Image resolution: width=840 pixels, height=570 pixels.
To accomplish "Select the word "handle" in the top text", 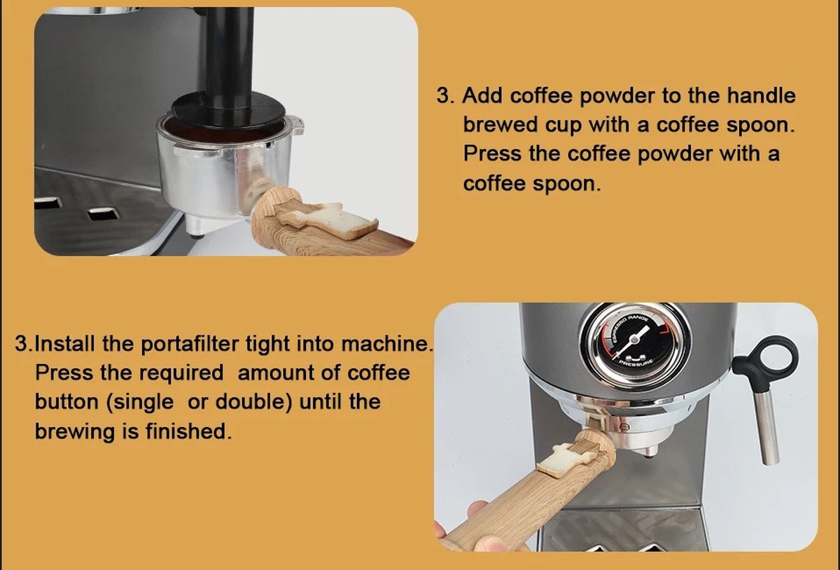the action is [x=762, y=95].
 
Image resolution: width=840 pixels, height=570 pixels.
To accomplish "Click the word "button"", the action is [x=66, y=401].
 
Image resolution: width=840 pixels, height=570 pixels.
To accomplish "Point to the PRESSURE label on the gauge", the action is [x=636, y=363].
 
